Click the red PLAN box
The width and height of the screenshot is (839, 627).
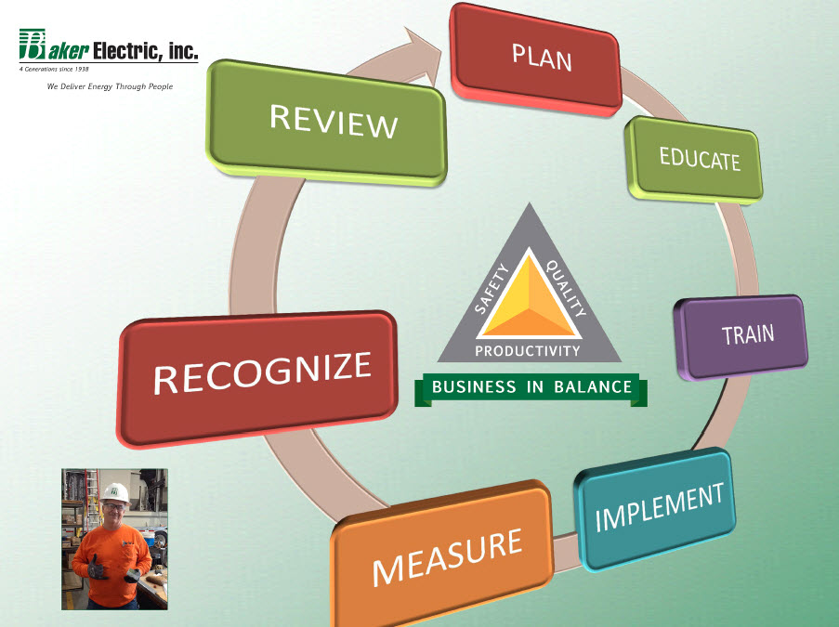[x=536, y=59]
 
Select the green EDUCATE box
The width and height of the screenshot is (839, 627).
[x=695, y=160]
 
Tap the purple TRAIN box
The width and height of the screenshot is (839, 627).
[x=742, y=336]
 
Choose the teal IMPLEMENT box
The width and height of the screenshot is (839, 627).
[x=655, y=509]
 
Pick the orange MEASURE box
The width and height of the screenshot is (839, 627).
[x=442, y=555]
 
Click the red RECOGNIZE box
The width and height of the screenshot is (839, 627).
[x=257, y=378]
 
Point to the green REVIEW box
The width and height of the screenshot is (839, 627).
[x=326, y=123]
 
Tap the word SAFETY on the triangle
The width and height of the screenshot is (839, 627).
[x=492, y=289]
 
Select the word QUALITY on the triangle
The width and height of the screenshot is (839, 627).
[x=565, y=287]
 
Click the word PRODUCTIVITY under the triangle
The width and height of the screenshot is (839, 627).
[x=528, y=351]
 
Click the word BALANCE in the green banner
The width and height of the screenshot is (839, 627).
[x=593, y=386]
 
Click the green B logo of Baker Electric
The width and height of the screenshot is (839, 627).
[x=33, y=44]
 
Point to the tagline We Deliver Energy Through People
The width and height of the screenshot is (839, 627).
[x=110, y=86]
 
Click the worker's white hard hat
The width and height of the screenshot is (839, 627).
[x=115, y=492]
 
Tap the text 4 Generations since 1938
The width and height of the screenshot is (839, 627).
[x=54, y=69]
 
